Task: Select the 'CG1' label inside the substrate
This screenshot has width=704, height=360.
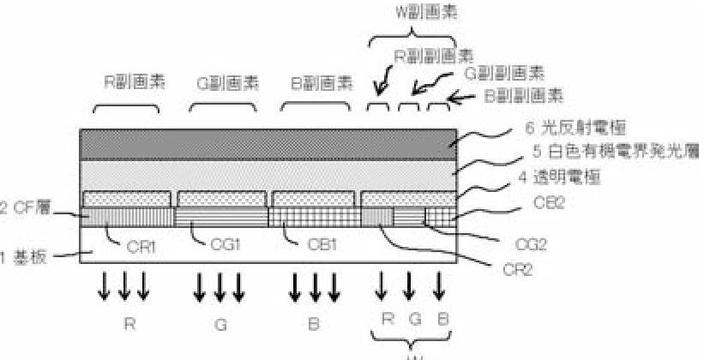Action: coord(225,243)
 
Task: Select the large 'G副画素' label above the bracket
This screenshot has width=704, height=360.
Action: coord(222,84)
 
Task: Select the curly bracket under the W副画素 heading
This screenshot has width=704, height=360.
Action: coord(410,36)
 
